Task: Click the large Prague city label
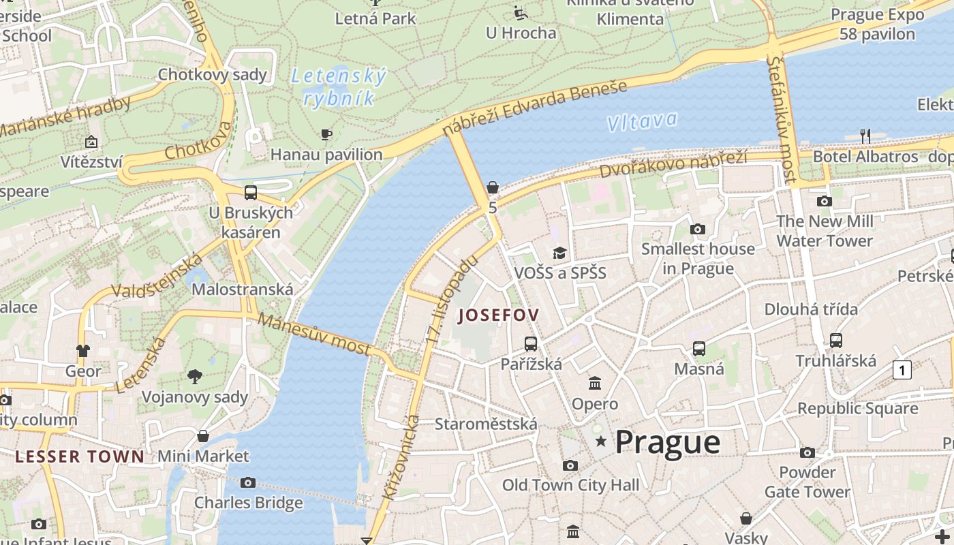[x=667, y=442]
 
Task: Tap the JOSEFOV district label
[x=499, y=315]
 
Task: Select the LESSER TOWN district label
[x=80, y=456]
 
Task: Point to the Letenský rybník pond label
[x=339, y=87]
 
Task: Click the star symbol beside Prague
[x=600, y=441]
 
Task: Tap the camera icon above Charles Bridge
[x=248, y=482]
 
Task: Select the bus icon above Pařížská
[x=530, y=344]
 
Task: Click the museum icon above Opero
[x=595, y=384]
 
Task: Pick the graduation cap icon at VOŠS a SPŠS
[x=559, y=253]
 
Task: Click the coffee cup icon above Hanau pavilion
[x=326, y=134]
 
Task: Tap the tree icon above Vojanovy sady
[x=195, y=376]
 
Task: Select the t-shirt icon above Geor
[x=82, y=351]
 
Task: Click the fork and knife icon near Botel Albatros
[x=865, y=136]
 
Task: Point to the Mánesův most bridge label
[x=315, y=334]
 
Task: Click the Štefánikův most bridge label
[x=781, y=119]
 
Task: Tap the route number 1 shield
[x=902, y=370]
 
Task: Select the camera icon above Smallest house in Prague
[x=697, y=229]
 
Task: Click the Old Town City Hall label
[x=570, y=485]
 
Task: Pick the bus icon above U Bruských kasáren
[x=251, y=192]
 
